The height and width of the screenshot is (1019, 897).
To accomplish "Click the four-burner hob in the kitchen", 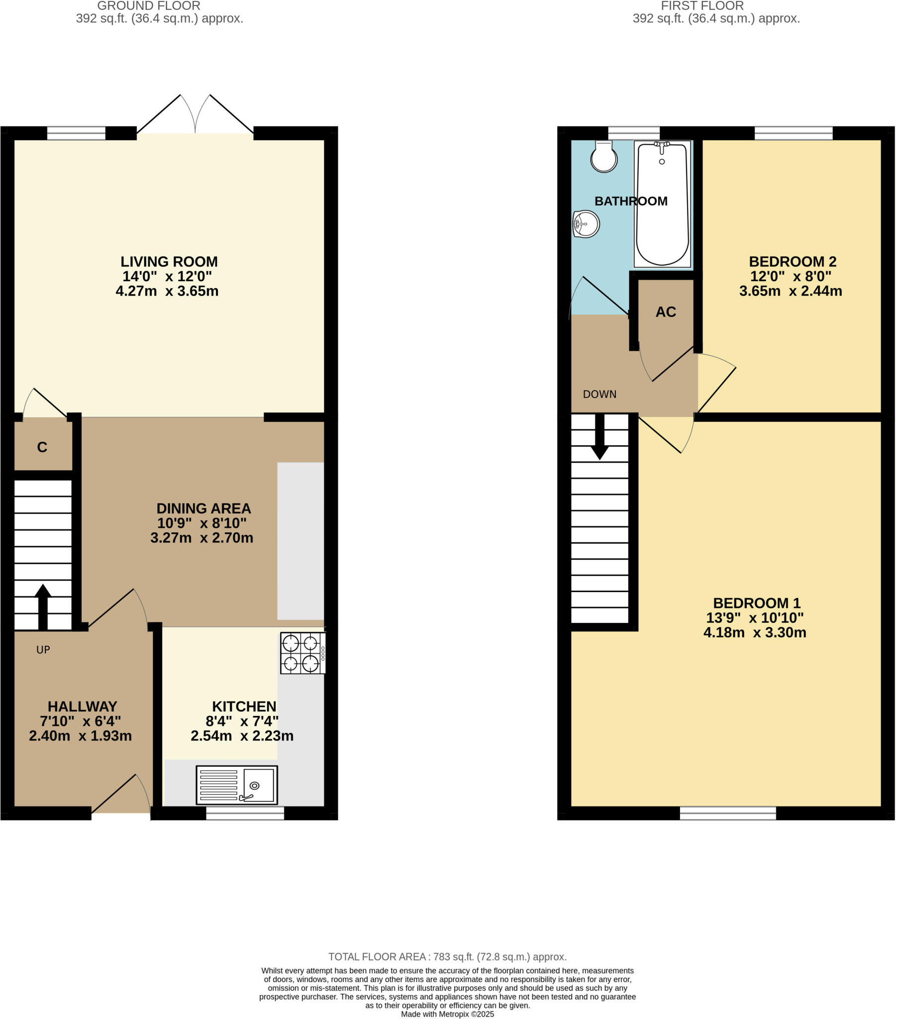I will (302, 653).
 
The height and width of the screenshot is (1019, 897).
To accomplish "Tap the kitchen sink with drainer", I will (237, 785).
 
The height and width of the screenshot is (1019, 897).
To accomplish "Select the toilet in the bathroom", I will (604, 157).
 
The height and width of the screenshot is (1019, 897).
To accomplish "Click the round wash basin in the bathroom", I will (587, 224).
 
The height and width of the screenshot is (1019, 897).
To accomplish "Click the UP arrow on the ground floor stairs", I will (43, 606).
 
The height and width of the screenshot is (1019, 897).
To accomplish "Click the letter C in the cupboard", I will (42, 447).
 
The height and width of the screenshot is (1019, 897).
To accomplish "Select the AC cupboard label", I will (666, 312).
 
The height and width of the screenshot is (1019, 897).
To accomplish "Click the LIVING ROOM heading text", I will (169, 262).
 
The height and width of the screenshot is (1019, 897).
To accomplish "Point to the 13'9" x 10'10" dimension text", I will (754, 617).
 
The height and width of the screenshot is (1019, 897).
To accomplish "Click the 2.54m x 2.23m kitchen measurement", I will (242, 736).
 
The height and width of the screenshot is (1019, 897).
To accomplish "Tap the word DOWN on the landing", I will (599, 395).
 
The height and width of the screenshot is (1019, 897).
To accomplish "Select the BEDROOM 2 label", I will (793, 262).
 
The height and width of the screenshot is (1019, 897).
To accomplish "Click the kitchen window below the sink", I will (245, 813).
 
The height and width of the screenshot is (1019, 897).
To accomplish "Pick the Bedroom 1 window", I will (728, 813).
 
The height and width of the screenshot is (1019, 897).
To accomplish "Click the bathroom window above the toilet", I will (634, 133).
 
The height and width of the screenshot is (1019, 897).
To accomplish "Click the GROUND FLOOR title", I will (149, 6).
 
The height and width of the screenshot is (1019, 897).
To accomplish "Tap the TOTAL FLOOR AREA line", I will (447, 957).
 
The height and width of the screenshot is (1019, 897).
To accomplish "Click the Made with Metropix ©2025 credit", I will (447, 1014).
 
